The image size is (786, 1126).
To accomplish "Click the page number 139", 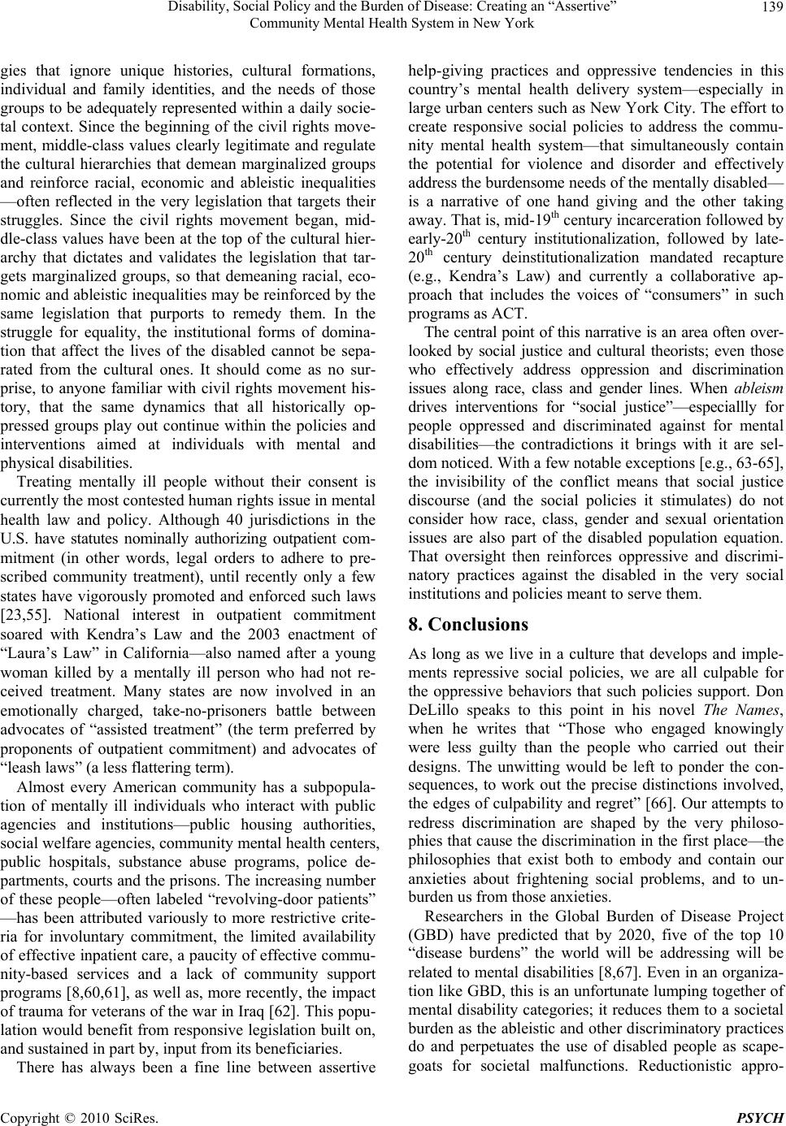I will [x=772, y=9].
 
